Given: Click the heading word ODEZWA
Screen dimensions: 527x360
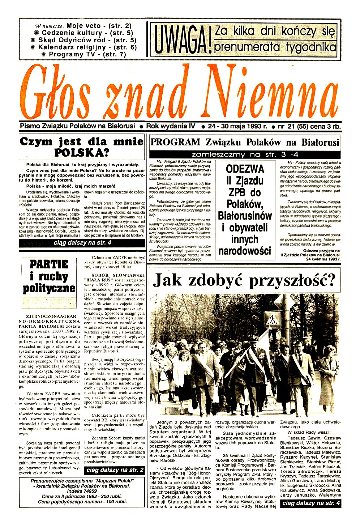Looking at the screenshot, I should click(245, 169).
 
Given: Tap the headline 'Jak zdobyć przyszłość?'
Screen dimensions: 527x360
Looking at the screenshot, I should click(244, 280).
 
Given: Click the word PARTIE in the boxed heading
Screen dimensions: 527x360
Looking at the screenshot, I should click(49, 264).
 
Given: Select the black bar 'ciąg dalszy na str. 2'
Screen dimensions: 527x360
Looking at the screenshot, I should click(115, 470).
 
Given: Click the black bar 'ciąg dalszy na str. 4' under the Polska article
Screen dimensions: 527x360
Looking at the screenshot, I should click(82, 243).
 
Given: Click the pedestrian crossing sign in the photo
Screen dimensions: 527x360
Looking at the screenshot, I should click(273, 319).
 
